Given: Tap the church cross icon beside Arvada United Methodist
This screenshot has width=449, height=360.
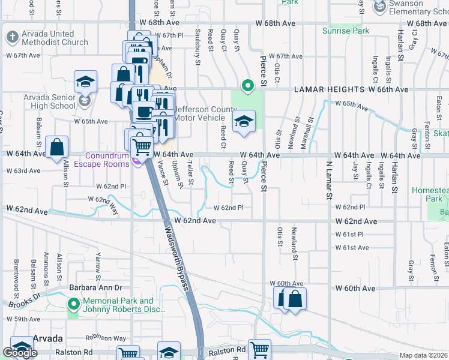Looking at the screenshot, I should tap(11, 38).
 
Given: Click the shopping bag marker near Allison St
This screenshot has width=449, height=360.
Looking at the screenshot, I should tap(56, 147).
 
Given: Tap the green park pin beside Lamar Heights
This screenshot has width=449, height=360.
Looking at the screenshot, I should tap(246, 86).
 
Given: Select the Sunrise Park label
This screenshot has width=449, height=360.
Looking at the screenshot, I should tap(345, 30).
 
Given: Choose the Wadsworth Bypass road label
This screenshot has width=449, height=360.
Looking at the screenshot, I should tap(177, 254).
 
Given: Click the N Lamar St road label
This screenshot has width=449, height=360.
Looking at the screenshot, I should tap(329, 179).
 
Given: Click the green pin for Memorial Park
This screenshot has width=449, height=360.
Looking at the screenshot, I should tap(73, 304).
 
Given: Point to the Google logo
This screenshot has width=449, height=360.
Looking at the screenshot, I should tap(20, 353).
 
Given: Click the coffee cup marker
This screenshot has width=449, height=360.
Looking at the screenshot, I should tap(143, 112).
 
